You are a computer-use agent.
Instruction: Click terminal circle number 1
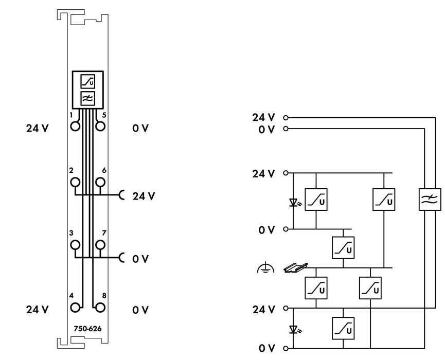75,126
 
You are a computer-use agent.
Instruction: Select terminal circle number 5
100,126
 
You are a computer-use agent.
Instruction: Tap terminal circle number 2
75,182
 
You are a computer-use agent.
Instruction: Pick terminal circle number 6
100,182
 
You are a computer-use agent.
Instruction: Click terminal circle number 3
75,244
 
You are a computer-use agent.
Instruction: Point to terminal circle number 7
100,244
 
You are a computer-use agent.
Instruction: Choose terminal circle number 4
75,307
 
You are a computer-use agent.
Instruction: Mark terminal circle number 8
100,307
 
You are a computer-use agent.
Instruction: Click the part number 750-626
87,329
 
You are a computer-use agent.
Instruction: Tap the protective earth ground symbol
265,267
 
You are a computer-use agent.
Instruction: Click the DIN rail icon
296,268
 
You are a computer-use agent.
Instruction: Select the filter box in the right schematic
430,200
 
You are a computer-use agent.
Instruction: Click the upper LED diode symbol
294,202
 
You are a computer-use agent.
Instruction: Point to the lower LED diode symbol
294,329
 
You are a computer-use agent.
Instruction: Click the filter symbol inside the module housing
87,98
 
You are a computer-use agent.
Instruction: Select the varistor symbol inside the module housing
87,81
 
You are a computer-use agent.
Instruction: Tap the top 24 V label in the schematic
263,117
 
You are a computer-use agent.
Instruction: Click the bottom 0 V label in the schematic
267,348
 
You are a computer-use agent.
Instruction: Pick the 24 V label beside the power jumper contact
144,196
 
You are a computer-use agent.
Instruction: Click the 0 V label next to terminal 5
140,128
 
